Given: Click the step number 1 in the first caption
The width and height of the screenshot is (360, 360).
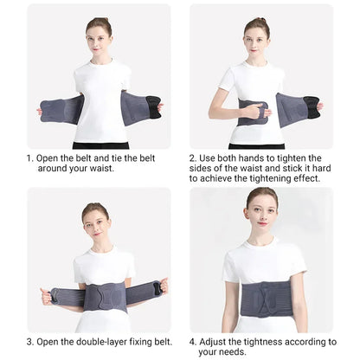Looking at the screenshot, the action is click(x=29, y=158).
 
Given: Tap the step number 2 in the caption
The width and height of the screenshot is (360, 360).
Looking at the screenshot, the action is click(x=192, y=158).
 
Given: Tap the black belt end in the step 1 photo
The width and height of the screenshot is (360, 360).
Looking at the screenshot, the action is click(x=153, y=106).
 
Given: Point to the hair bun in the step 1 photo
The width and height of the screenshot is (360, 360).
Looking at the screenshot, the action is click(x=102, y=20).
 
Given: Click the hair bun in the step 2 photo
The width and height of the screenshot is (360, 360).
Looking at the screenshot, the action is click(x=261, y=20).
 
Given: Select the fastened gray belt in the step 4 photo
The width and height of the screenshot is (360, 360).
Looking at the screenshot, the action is click(x=267, y=299).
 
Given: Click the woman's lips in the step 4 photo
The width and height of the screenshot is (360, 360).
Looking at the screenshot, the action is click(x=262, y=223).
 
